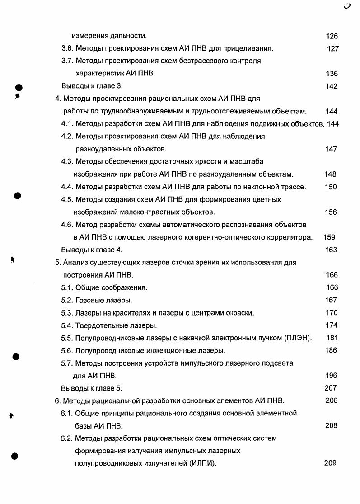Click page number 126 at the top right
tap(332, 36)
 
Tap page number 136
tap(332, 74)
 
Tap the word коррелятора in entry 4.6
tap(291, 237)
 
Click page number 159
tap(329, 237)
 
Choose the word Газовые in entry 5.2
tap(89, 300)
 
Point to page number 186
tap(331, 350)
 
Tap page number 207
tap(331, 388)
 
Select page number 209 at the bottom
tap(330, 463)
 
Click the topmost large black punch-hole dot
tap(18, 87)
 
